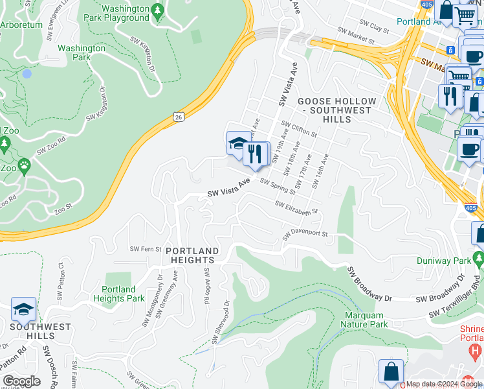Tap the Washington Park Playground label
point(116,13)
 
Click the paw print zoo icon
point(25,166)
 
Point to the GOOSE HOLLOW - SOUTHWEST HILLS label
point(336,106)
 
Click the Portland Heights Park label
point(118,294)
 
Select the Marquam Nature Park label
point(364,320)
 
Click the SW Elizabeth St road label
point(296,207)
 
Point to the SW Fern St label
point(144,248)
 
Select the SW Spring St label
point(278,187)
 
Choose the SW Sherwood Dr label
point(220,322)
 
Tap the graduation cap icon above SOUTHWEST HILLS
point(23,310)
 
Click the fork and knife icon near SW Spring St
point(257,154)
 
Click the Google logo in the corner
point(22,381)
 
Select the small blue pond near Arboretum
point(27,74)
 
